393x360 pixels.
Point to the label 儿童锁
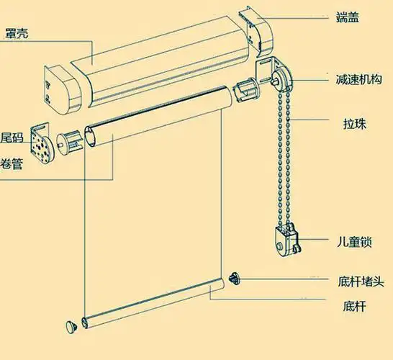point(353,240)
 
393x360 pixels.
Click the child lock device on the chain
point(284,240)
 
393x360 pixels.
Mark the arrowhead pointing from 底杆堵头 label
point(243,279)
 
